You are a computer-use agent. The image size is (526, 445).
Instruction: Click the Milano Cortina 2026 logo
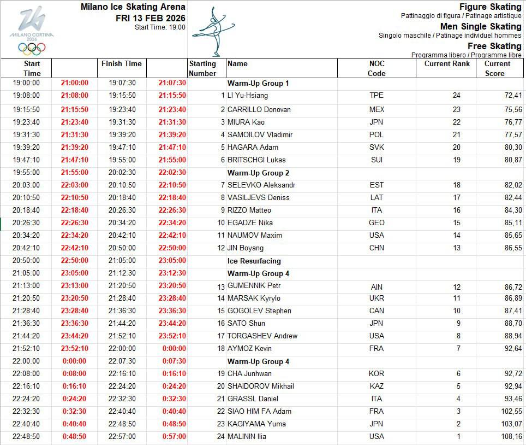[32, 31]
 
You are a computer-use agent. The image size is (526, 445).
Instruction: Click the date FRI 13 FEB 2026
[151, 18]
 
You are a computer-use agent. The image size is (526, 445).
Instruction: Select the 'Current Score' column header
[497, 68]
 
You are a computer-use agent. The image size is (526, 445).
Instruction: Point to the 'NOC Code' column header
[376, 68]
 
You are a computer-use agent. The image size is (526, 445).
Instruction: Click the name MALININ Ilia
[254, 436]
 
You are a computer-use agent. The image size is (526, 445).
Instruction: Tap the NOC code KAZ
[376, 386]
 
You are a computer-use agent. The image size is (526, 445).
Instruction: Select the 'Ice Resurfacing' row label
[254, 261]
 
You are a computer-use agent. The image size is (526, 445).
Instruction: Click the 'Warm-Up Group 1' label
[258, 84]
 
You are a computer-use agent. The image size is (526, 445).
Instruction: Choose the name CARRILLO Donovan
[259, 109]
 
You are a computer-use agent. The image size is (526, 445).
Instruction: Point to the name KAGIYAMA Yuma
[256, 424]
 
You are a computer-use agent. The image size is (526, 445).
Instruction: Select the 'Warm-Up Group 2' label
[258, 173]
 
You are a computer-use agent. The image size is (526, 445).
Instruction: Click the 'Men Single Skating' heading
[481, 26]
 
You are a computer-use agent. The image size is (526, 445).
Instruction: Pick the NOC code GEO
[376, 222]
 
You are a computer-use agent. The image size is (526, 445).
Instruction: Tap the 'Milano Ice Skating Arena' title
[133, 7]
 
